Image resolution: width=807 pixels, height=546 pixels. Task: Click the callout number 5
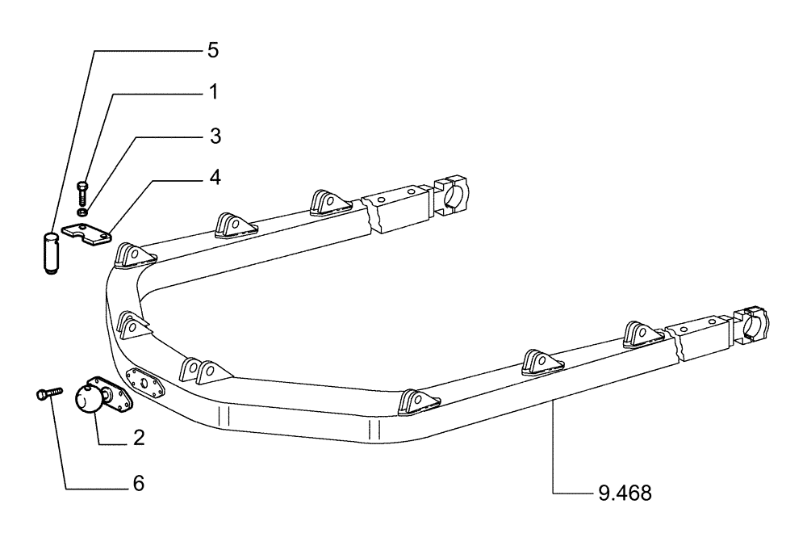212,50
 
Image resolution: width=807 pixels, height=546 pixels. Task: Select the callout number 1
213,93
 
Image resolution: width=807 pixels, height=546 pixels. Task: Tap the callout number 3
215,135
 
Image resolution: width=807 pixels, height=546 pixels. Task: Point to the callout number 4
214,177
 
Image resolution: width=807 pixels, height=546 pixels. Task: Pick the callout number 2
139,438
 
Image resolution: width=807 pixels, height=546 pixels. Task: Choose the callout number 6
138,484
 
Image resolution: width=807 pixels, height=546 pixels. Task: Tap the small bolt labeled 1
84,194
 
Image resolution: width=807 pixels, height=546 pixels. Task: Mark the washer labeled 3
84,212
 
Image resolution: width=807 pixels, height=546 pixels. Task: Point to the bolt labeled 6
49,393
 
